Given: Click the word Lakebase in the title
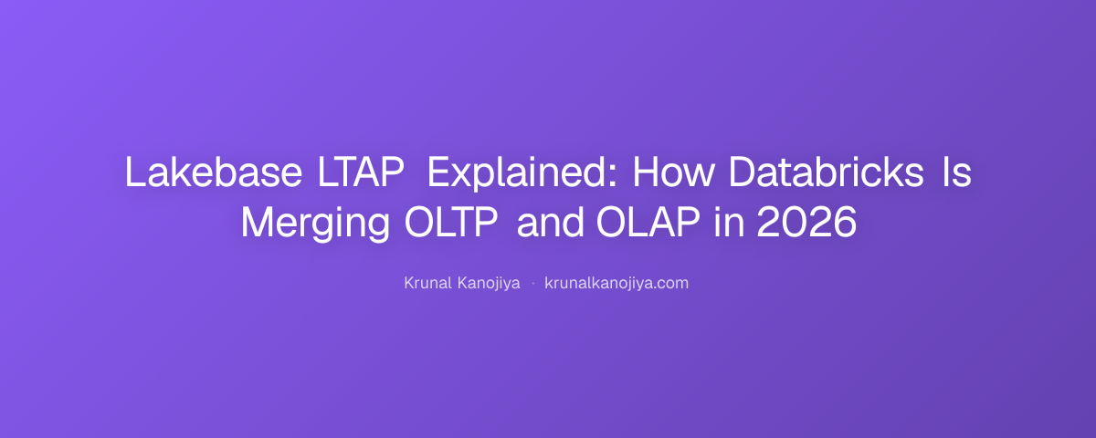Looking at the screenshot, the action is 214,172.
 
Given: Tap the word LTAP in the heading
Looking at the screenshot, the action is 361,172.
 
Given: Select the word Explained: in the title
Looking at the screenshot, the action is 522,173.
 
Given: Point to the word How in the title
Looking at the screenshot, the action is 673,172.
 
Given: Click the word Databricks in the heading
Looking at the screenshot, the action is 826,172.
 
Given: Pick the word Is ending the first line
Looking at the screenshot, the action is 957,172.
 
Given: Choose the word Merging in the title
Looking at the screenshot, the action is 315,224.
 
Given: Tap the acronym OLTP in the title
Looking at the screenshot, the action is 451,222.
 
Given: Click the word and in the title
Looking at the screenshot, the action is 551,222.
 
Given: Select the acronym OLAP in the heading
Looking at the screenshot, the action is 648,222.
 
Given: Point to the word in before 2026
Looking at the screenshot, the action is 730,222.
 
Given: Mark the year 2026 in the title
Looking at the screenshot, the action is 806,222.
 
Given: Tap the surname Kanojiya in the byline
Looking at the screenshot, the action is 489,284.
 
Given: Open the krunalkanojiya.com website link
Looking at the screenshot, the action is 616,284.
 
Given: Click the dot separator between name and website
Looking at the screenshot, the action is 532,284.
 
